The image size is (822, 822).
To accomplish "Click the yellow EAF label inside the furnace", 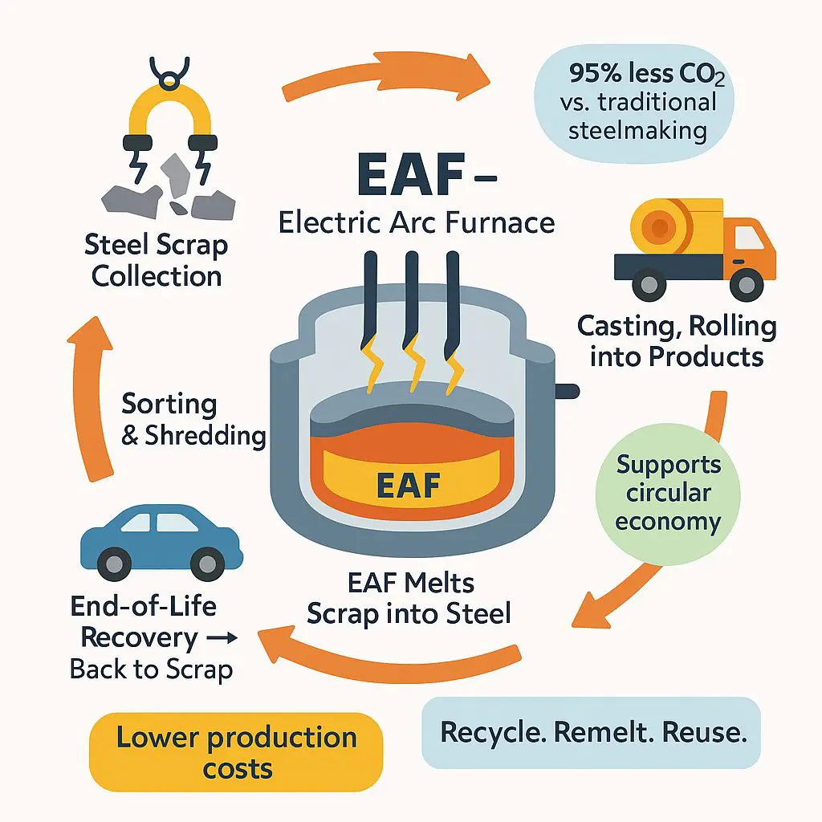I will [x=409, y=485].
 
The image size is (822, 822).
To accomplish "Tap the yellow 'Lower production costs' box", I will [x=236, y=752].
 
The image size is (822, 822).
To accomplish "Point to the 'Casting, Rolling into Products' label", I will [x=677, y=340].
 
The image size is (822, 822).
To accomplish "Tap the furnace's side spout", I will [x=566, y=391].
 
